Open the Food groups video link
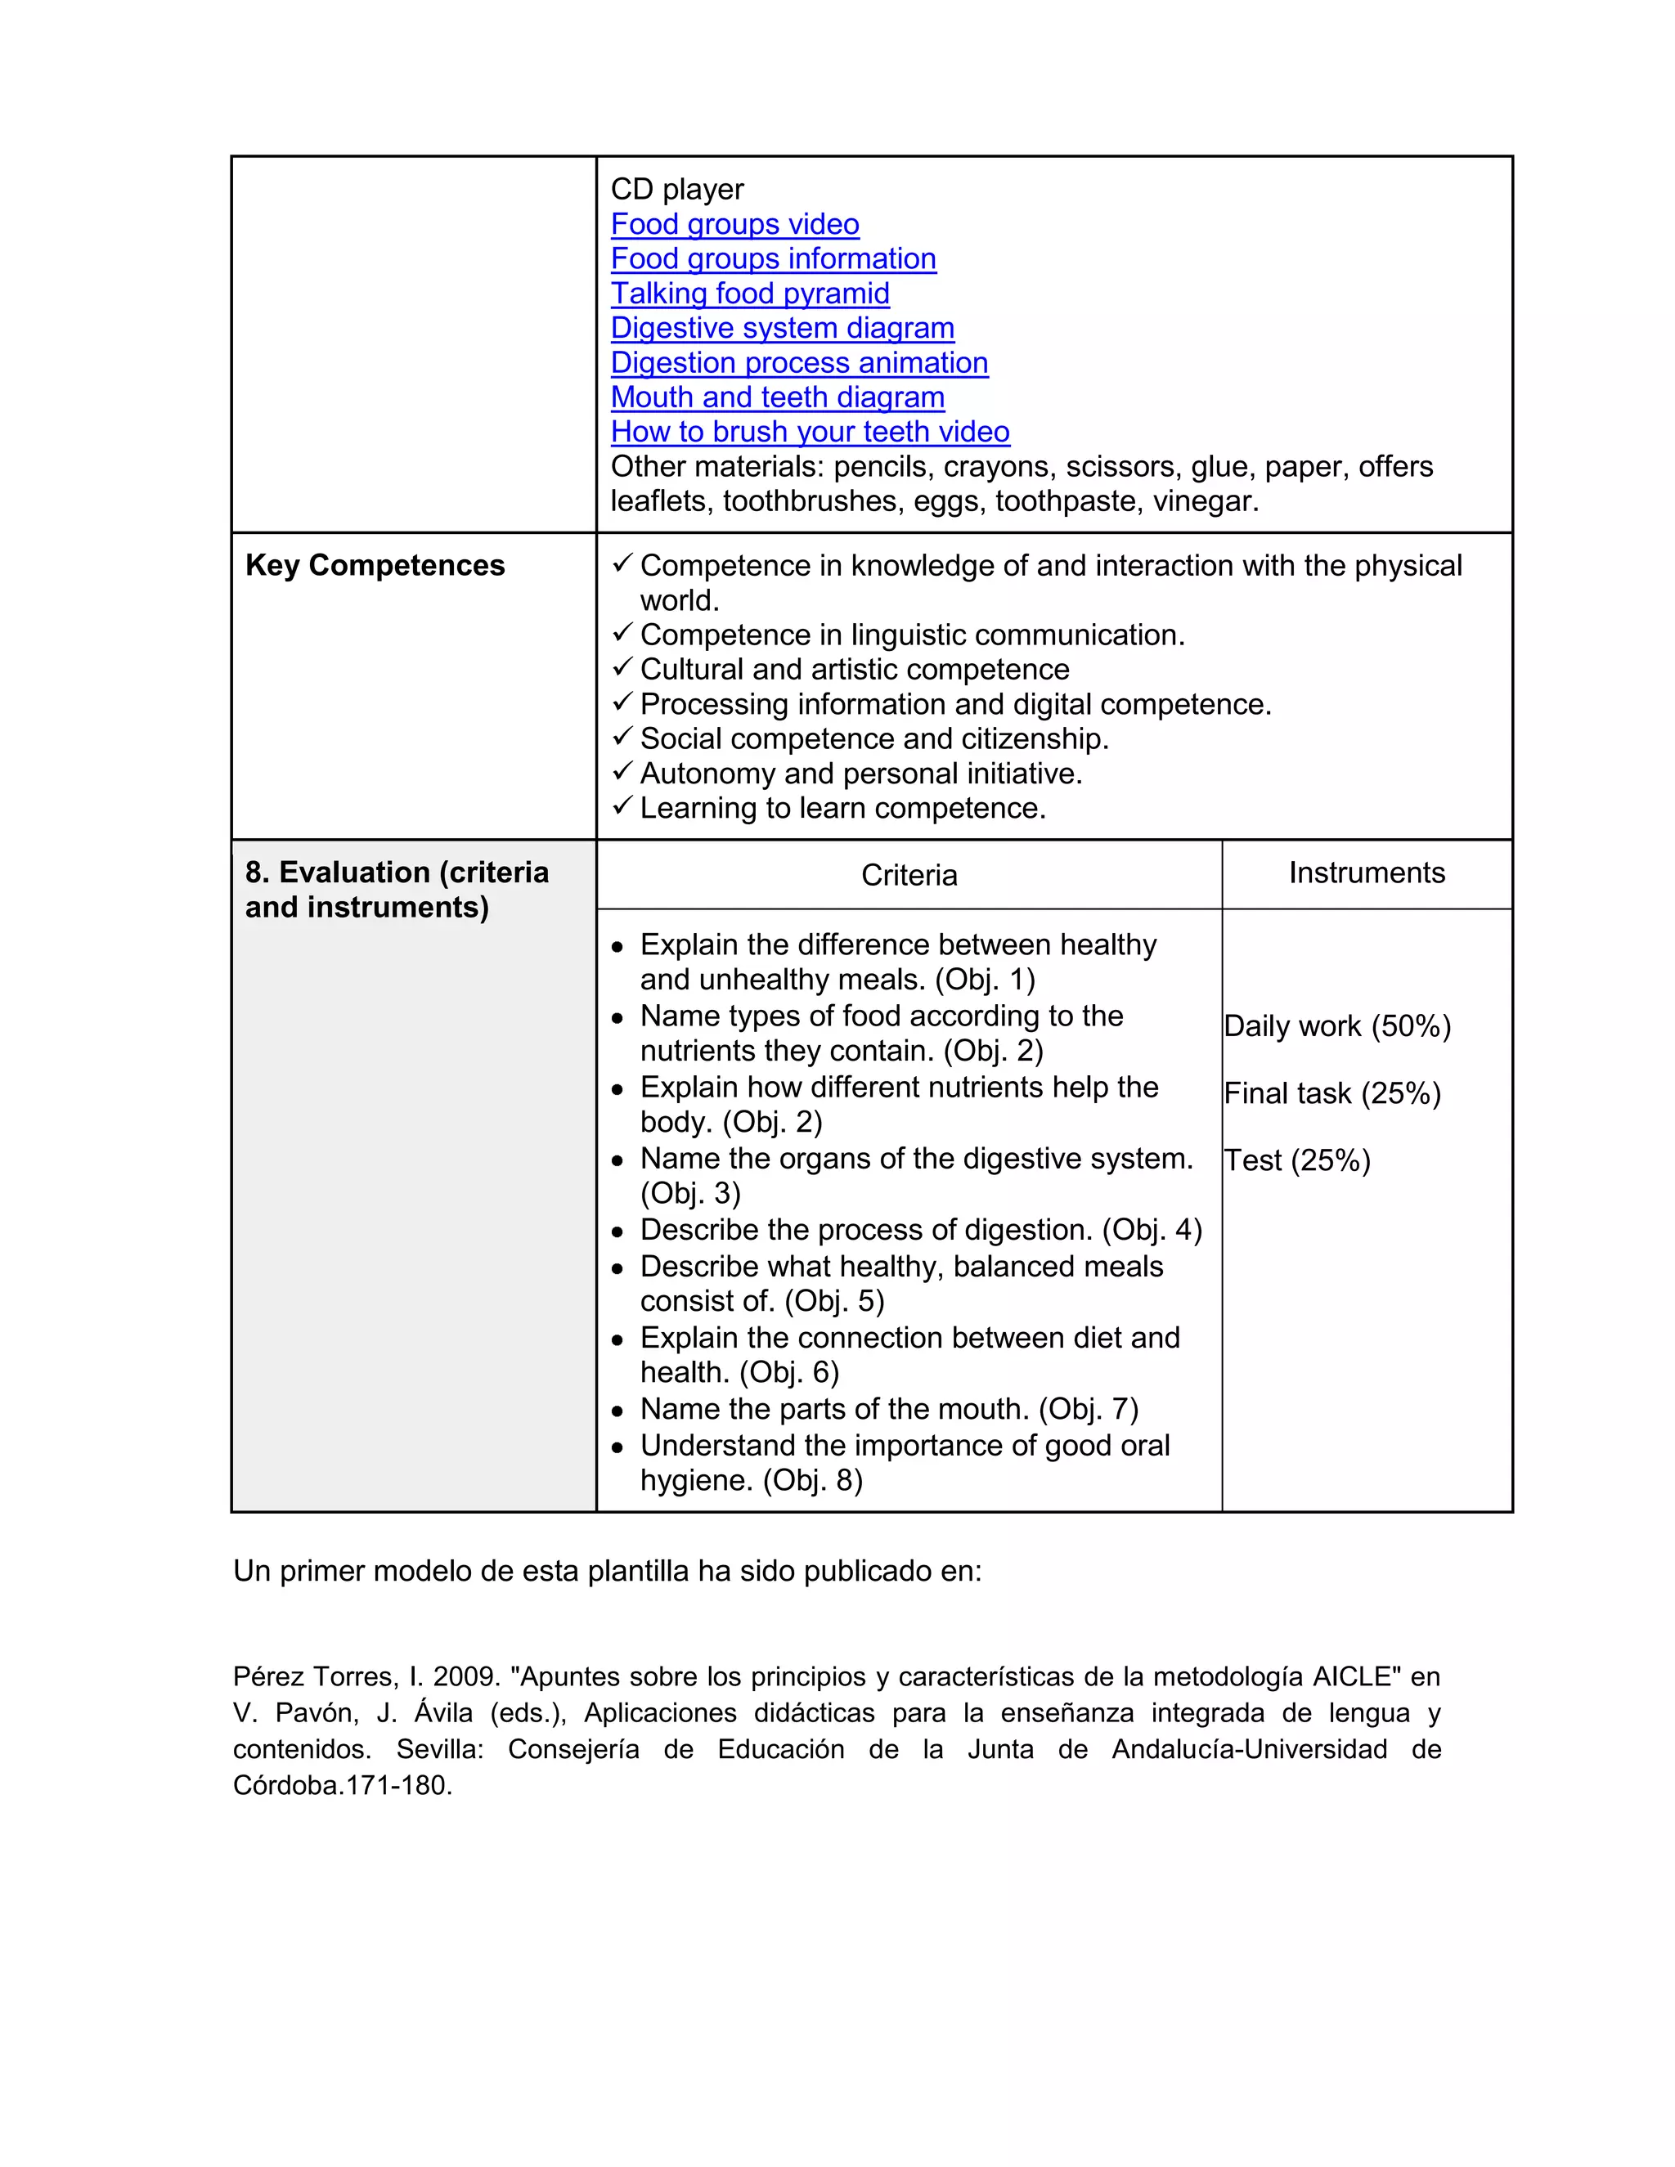click(x=734, y=224)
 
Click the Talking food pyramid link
click(x=749, y=294)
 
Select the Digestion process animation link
click(x=799, y=363)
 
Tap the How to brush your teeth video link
click(x=810, y=432)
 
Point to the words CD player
click(x=676, y=190)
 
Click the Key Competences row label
click(x=375, y=566)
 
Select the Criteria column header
click(x=909, y=875)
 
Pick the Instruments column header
click(x=1367, y=873)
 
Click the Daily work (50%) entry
click(x=1336, y=1026)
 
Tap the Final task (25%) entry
click(x=1331, y=1093)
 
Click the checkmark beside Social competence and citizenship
click(x=622, y=736)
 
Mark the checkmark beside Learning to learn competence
click(x=622, y=805)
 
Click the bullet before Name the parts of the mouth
click(x=617, y=1411)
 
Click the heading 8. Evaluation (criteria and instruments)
click(x=396, y=890)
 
